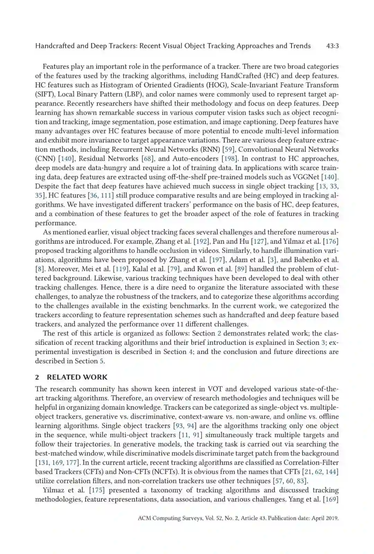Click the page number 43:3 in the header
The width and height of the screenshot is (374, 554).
(332, 46)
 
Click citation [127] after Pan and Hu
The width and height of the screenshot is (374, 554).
(259, 241)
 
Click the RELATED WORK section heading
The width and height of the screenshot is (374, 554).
(77, 377)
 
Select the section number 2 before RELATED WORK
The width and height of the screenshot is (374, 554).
(37, 377)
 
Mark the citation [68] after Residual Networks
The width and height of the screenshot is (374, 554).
(148, 159)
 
